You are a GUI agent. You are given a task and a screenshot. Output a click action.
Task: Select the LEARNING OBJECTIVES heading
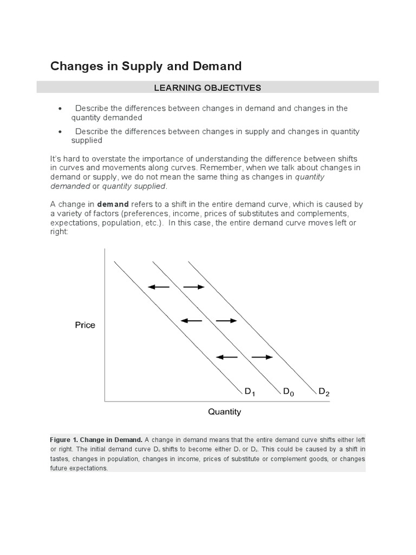[x=208, y=87]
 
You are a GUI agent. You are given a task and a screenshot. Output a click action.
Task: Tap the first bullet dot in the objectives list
[x=60, y=108]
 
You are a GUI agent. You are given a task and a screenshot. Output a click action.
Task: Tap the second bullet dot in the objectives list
[x=60, y=132]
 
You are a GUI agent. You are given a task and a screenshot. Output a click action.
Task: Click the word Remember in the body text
[x=223, y=167]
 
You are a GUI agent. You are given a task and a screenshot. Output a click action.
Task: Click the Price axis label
[x=85, y=325]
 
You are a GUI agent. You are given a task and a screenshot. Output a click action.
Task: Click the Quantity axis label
[x=224, y=412]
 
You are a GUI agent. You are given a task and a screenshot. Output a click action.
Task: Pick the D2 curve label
[x=323, y=392]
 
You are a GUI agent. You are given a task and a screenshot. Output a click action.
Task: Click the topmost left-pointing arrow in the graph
[x=159, y=287]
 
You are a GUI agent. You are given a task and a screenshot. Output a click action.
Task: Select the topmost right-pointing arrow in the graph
[x=193, y=287]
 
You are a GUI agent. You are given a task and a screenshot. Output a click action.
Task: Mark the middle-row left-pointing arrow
[x=191, y=321]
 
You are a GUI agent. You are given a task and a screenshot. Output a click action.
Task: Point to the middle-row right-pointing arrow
[x=226, y=321]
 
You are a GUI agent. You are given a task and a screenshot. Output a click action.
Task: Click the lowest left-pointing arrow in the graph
[x=227, y=357]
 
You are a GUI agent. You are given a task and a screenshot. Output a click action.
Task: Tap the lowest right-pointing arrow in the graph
[x=262, y=357]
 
